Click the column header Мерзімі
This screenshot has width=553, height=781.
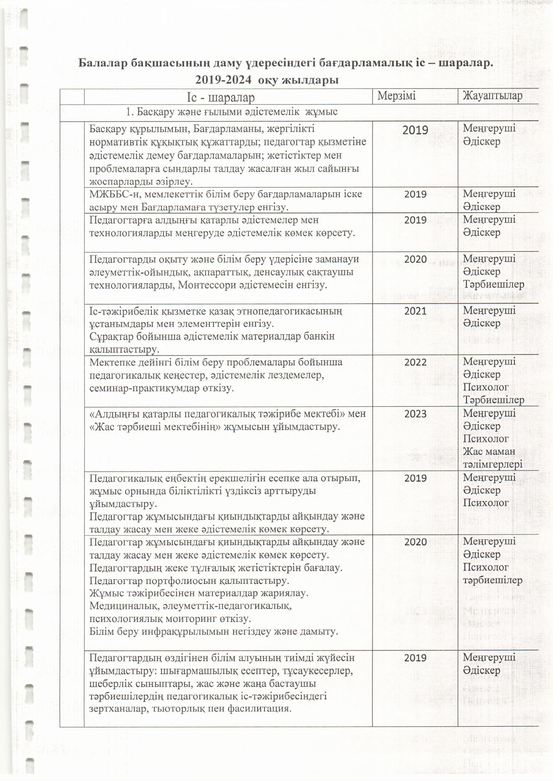397,96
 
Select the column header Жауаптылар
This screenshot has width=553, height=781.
492,96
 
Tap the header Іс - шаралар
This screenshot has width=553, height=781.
220,98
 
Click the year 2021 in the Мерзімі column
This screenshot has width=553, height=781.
415,311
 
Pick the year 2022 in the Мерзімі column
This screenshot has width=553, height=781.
415,362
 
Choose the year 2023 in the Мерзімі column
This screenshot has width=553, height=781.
415,414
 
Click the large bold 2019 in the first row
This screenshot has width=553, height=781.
415,130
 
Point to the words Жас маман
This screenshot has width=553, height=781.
489,451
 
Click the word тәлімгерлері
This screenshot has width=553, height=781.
492,464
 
